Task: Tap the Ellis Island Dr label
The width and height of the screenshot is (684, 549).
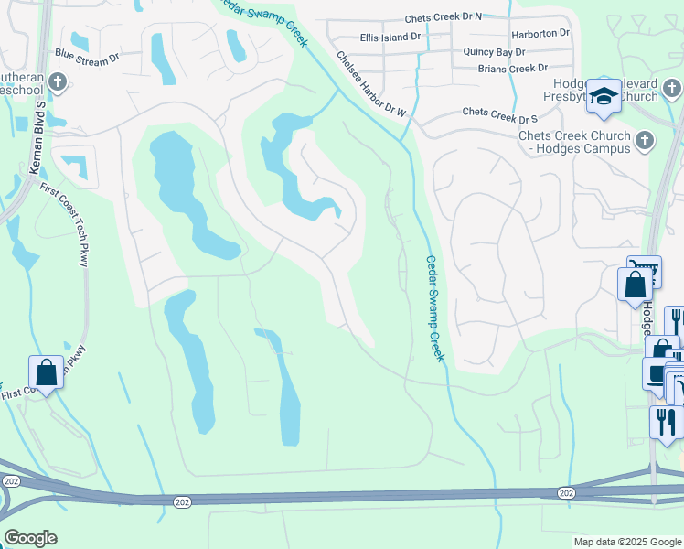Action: tap(390, 38)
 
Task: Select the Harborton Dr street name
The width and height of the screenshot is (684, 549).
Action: tap(540, 33)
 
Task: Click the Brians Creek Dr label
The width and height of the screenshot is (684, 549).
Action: tap(512, 69)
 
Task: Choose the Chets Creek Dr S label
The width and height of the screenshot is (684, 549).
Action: tap(499, 113)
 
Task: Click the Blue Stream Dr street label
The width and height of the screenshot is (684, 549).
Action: tap(87, 57)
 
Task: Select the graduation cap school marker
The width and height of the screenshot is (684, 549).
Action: tap(604, 96)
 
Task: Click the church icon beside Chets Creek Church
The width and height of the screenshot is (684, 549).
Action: tap(645, 141)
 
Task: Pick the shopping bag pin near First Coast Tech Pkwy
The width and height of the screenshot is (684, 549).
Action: tap(46, 372)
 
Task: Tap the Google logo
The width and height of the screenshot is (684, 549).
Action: tap(30, 538)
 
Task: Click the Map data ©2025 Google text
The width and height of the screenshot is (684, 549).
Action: tap(626, 542)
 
